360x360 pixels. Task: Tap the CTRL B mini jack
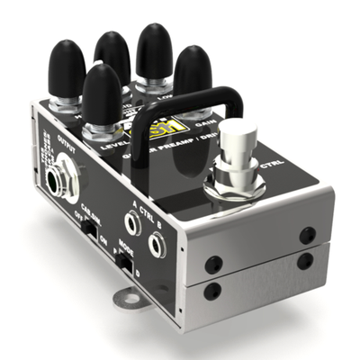tap(158, 243)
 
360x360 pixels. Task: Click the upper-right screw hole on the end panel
tap(308, 235)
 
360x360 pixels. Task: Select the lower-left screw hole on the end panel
tap(212, 291)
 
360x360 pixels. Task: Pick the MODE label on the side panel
tap(130, 245)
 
